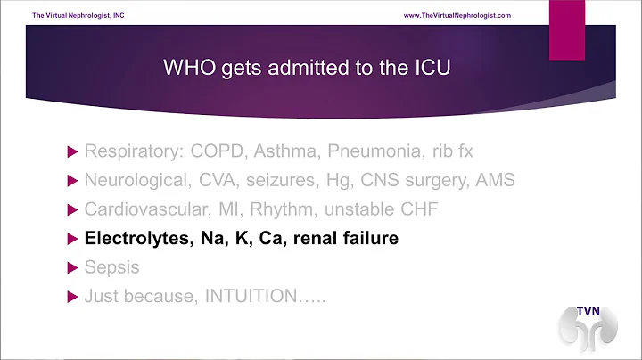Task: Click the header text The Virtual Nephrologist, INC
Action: [x=77, y=16]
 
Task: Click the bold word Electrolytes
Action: [x=136, y=238]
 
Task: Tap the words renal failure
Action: [x=345, y=238]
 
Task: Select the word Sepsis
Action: [x=111, y=267]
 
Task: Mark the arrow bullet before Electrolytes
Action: [x=72, y=238]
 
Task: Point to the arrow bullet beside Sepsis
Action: [x=72, y=267]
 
